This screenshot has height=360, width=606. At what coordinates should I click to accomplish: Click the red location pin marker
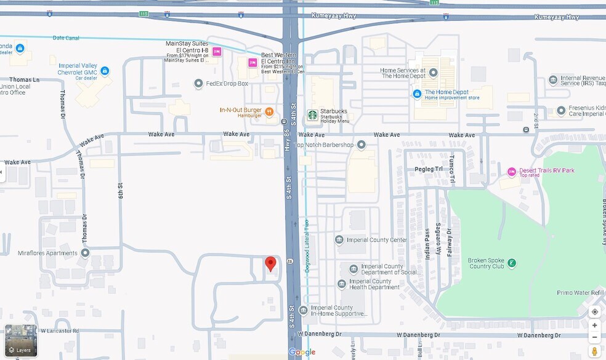coord(270,265)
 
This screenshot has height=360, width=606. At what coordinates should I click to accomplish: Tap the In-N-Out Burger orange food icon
coord(269,111)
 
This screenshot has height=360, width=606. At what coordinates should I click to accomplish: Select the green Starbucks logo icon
coord(312,114)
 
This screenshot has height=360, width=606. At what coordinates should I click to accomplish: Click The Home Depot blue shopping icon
coord(417,94)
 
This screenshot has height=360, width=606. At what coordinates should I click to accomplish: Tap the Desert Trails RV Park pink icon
coord(511,172)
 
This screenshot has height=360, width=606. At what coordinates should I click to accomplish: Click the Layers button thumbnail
coord(21,341)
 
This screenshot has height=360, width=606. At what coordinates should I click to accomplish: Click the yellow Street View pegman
coord(594,351)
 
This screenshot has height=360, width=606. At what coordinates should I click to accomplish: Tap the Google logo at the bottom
coord(302,353)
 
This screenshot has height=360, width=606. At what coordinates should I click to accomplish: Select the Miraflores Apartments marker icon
coord(85,253)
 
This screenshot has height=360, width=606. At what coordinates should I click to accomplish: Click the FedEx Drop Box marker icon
coord(198,84)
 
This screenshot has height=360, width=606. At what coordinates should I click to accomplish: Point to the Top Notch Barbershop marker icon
coord(361,145)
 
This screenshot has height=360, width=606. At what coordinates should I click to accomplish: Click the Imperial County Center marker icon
coord(339,240)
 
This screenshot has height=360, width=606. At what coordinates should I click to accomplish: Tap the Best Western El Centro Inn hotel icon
coord(252,63)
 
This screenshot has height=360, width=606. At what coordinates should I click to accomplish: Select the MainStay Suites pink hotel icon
coord(217,52)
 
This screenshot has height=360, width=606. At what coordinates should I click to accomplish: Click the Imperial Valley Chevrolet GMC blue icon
coord(104,71)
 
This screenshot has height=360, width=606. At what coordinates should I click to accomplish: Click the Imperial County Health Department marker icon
coord(342,284)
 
